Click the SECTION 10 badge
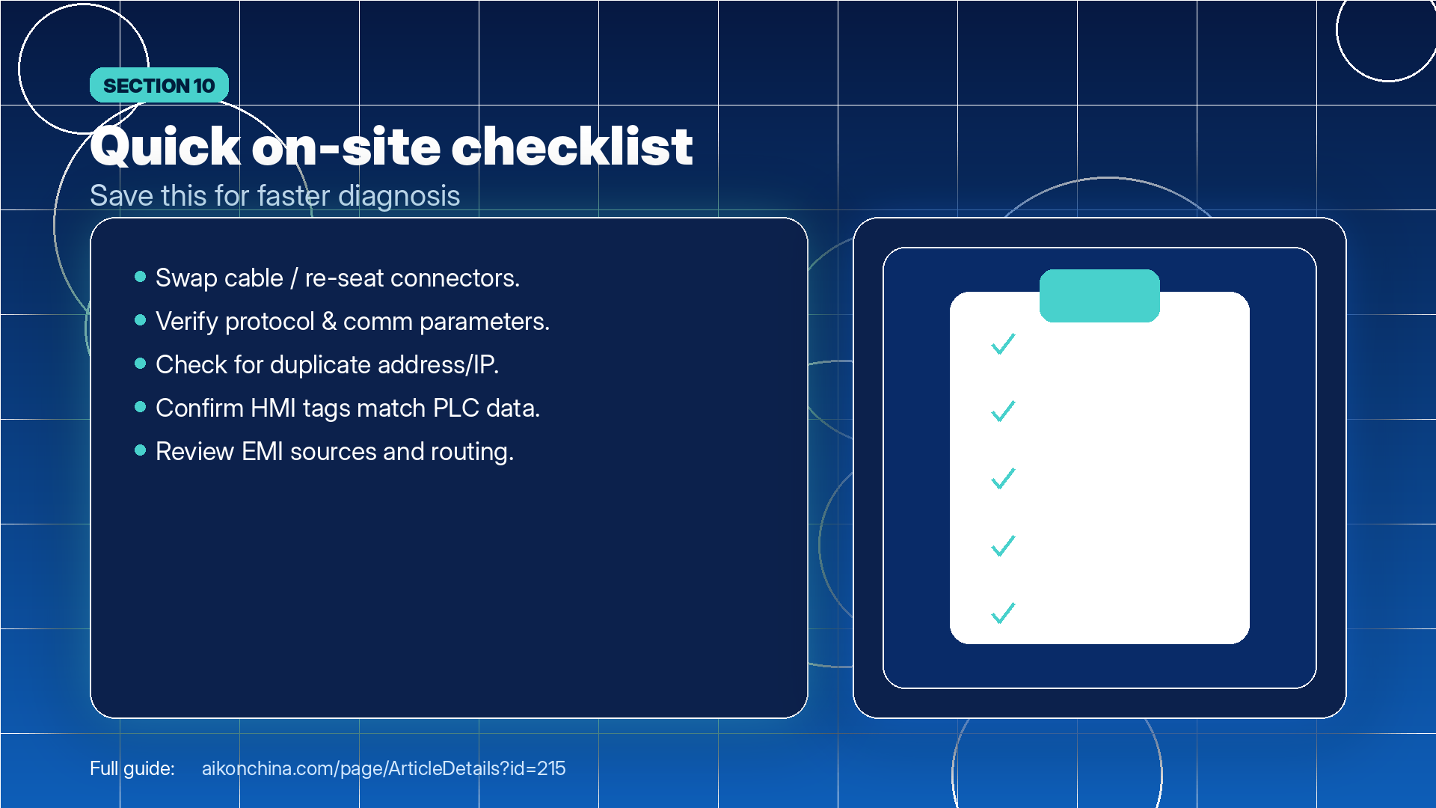[x=159, y=85]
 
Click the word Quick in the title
[x=165, y=147]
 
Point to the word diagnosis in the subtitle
[x=399, y=196]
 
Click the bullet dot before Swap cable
[x=140, y=277]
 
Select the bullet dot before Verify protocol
[x=140, y=320]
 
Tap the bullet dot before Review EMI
[x=140, y=450]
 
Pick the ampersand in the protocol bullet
[x=329, y=322]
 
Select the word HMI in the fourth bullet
[x=273, y=408]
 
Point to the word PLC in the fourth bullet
[x=456, y=408]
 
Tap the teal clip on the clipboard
[x=1099, y=296]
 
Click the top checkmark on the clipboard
[x=1003, y=343]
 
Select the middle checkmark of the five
[x=1003, y=478]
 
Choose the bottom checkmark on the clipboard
[x=1003, y=613]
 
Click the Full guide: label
[x=132, y=768]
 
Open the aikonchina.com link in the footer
[x=384, y=768]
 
